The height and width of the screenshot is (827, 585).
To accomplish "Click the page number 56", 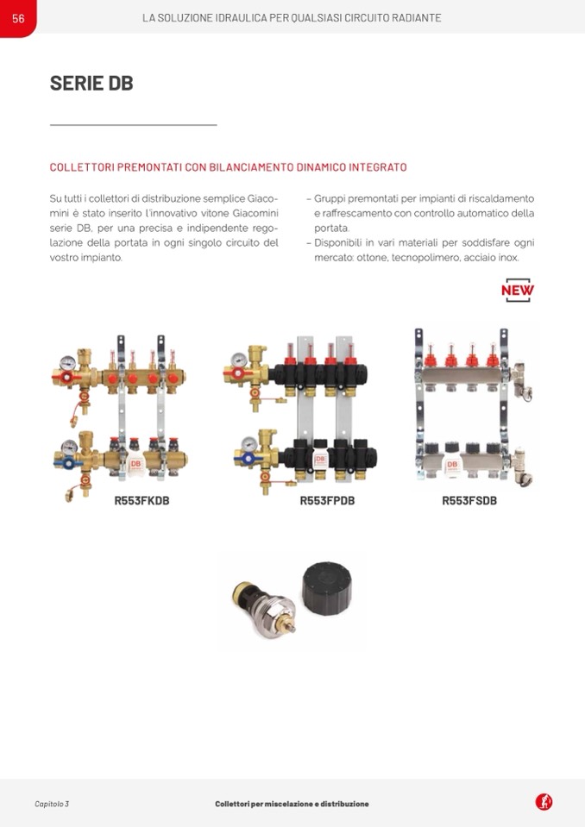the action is (x=18, y=18).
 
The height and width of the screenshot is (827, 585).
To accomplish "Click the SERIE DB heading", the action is (x=91, y=84).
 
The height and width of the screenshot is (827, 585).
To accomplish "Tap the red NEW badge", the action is (x=518, y=290).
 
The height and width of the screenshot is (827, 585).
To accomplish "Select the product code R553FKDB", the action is (x=142, y=500).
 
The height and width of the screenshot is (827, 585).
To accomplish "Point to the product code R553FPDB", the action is (x=327, y=500).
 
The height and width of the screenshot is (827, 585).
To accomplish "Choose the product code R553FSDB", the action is (x=469, y=500).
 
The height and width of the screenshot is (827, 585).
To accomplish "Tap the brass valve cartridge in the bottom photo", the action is (x=264, y=608).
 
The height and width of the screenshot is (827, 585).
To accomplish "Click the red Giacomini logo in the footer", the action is (x=544, y=802).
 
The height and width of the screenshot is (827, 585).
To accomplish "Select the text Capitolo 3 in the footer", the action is (x=52, y=804).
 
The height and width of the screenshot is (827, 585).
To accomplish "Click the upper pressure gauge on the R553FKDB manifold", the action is (x=67, y=363).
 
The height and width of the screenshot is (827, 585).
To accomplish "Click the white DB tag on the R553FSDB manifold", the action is (x=452, y=465).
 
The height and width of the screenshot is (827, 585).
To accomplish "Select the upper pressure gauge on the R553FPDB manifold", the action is (x=239, y=360).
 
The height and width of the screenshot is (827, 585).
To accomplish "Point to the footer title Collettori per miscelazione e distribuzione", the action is (x=292, y=804).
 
